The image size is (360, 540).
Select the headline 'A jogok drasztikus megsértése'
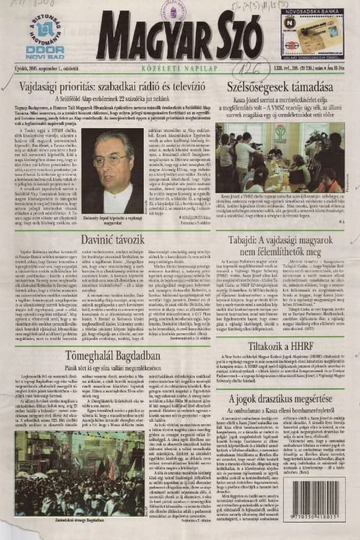(279, 399)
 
